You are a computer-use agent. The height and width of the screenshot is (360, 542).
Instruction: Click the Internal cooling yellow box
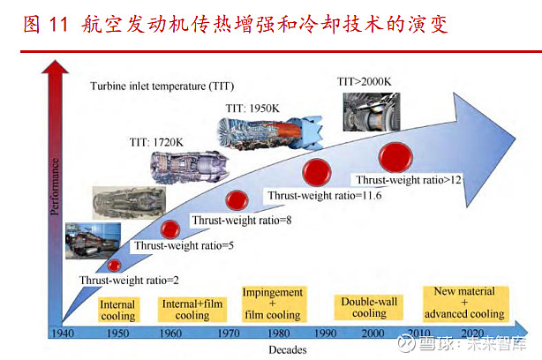(117, 309)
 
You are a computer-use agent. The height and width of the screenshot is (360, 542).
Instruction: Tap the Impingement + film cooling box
(273, 303)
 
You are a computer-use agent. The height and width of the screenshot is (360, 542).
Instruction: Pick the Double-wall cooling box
(369, 306)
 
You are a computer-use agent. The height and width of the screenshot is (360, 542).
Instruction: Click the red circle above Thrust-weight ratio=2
(115, 265)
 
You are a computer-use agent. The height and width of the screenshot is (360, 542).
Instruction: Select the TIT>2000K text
(365, 81)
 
